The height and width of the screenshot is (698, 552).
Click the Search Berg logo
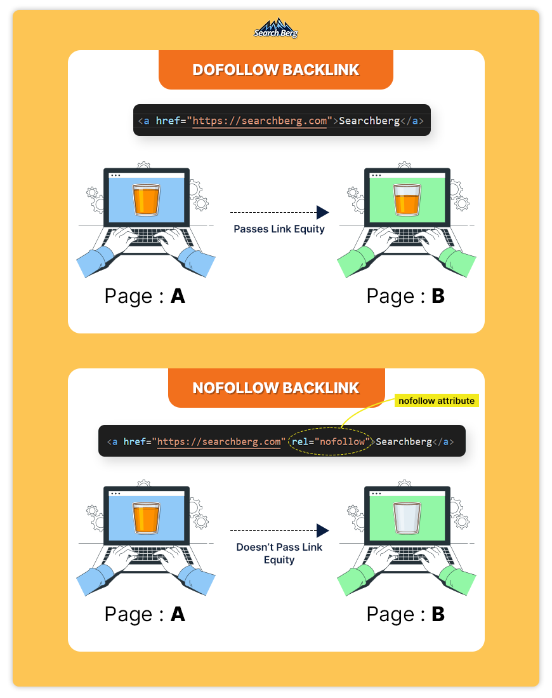tap(276, 29)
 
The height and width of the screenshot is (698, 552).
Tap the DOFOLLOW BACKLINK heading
tap(276, 70)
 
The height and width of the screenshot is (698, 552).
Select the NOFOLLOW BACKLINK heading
tap(276, 388)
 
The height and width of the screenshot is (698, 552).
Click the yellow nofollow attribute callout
tap(437, 401)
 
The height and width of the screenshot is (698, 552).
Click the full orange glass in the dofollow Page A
tap(146, 200)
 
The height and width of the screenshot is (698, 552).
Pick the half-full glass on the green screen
tap(407, 200)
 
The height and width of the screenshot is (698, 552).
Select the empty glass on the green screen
tap(407, 518)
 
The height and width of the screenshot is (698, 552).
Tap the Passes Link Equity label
tap(279, 229)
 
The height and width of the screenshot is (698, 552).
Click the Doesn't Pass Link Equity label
tap(279, 553)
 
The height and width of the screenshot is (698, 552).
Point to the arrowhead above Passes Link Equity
tap(323, 212)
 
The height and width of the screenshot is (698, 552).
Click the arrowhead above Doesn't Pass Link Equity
tap(323, 530)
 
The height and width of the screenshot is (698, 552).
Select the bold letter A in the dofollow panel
tap(178, 296)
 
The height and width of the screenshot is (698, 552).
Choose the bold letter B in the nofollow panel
tap(438, 614)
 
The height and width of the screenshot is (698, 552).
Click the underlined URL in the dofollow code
tap(260, 121)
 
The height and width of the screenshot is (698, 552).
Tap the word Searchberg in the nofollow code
tap(404, 441)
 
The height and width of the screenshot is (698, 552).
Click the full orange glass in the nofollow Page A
tap(146, 518)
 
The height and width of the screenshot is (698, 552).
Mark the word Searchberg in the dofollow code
tap(369, 121)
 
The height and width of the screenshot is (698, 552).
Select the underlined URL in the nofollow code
tap(219, 442)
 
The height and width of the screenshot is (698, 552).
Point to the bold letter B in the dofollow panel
tap(438, 296)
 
